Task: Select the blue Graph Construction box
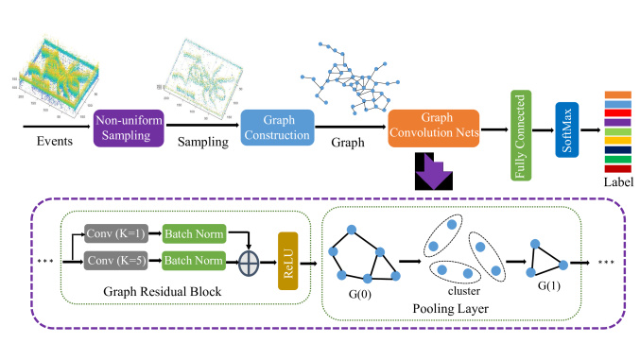pyautogui.click(x=275, y=127)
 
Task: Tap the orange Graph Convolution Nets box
pyautogui.click(x=433, y=127)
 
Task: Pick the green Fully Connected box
pyautogui.click(x=519, y=123)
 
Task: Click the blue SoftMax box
pyautogui.click(x=566, y=124)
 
